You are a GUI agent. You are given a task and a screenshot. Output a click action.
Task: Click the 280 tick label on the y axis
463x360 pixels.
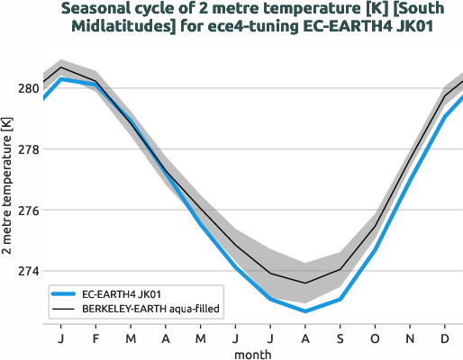(26, 88)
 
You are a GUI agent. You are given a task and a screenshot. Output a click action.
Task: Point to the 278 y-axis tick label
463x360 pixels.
(26, 149)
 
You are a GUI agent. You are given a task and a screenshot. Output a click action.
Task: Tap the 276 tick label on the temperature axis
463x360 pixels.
(26, 211)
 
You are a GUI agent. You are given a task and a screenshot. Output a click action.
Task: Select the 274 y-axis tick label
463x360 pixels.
(26, 271)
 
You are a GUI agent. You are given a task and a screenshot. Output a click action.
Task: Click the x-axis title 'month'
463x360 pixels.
(252, 354)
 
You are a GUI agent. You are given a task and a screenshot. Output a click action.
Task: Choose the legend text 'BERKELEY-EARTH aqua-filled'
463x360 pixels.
(151, 308)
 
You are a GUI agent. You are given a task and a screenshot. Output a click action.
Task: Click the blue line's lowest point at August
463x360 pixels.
(305, 311)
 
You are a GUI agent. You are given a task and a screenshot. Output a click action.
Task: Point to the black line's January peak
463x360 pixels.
(60, 67)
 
